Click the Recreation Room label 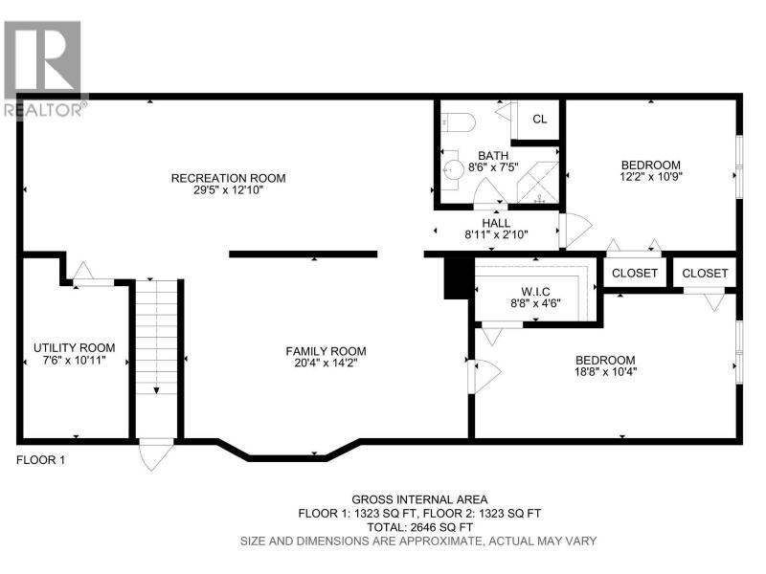[x=228, y=178]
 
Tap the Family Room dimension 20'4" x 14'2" [x=326, y=364]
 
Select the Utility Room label [x=75, y=348]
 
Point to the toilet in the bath [x=459, y=122]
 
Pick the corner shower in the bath [x=538, y=183]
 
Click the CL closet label [x=540, y=119]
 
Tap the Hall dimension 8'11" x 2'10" [x=496, y=234]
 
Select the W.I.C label [x=535, y=292]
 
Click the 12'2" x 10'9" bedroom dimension [x=651, y=177]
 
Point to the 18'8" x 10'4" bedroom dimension [x=606, y=372]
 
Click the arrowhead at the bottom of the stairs [x=156, y=390]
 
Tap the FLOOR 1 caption [x=40, y=460]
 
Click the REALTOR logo [x=45, y=69]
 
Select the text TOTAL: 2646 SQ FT [x=419, y=528]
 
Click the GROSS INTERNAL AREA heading [x=419, y=499]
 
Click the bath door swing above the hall [x=490, y=194]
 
